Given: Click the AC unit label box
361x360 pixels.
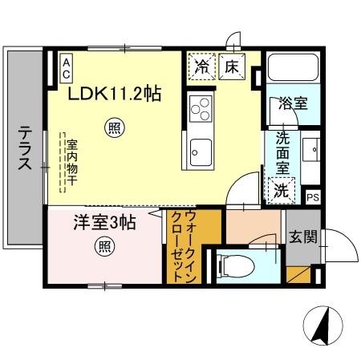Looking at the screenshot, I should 67,66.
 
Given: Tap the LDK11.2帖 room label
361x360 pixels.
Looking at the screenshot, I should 113,94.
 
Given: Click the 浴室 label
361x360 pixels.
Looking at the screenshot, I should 290,104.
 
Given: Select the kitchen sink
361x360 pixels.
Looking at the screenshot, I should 200,149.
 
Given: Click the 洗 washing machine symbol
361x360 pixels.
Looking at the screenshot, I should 281,189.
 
